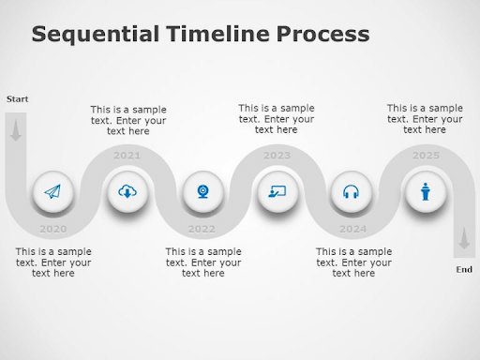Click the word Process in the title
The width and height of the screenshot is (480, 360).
click(x=321, y=36)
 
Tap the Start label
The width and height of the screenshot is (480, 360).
click(x=17, y=98)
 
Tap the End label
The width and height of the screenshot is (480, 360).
click(x=464, y=270)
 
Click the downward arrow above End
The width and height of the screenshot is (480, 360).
click(x=463, y=241)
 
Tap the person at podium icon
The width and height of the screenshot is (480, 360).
click(x=427, y=192)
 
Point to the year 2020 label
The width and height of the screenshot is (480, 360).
click(x=52, y=229)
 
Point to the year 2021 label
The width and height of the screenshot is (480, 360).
click(x=127, y=156)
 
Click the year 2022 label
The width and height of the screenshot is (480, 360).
click(x=202, y=229)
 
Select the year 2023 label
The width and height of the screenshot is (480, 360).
click(x=277, y=156)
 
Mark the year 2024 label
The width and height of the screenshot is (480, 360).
click(x=352, y=229)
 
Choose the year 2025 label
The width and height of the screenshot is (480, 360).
click(x=426, y=156)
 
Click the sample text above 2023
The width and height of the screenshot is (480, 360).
click(x=276, y=119)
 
